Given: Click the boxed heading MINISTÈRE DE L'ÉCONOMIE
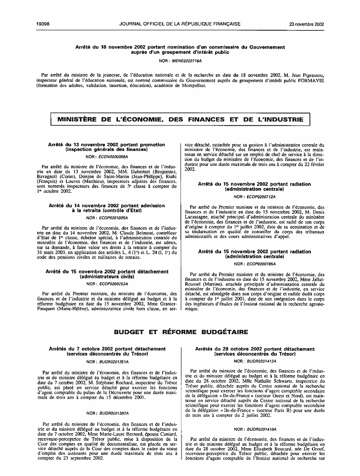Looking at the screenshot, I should tap(180, 119).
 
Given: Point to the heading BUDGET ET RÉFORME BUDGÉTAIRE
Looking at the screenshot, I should tap(180, 332).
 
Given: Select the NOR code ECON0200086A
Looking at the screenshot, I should tap(111, 157).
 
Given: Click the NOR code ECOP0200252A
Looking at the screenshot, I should tap(111, 284).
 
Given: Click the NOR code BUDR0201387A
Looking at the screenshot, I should tap(111, 413).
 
